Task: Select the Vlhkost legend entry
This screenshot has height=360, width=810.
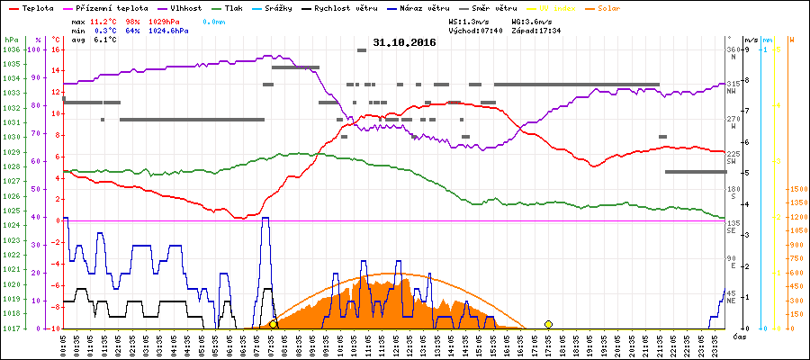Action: click(184, 7)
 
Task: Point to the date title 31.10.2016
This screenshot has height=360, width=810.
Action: click(404, 42)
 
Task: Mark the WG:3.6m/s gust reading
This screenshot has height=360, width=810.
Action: click(531, 21)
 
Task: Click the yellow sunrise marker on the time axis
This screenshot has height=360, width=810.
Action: click(273, 324)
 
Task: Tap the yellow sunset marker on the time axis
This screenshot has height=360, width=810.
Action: click(548, 324)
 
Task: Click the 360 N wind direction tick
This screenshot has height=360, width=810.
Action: click(733, 52)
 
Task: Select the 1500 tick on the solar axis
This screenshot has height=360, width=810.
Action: click(796, 190)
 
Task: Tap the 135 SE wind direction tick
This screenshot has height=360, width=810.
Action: click(733, 225)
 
